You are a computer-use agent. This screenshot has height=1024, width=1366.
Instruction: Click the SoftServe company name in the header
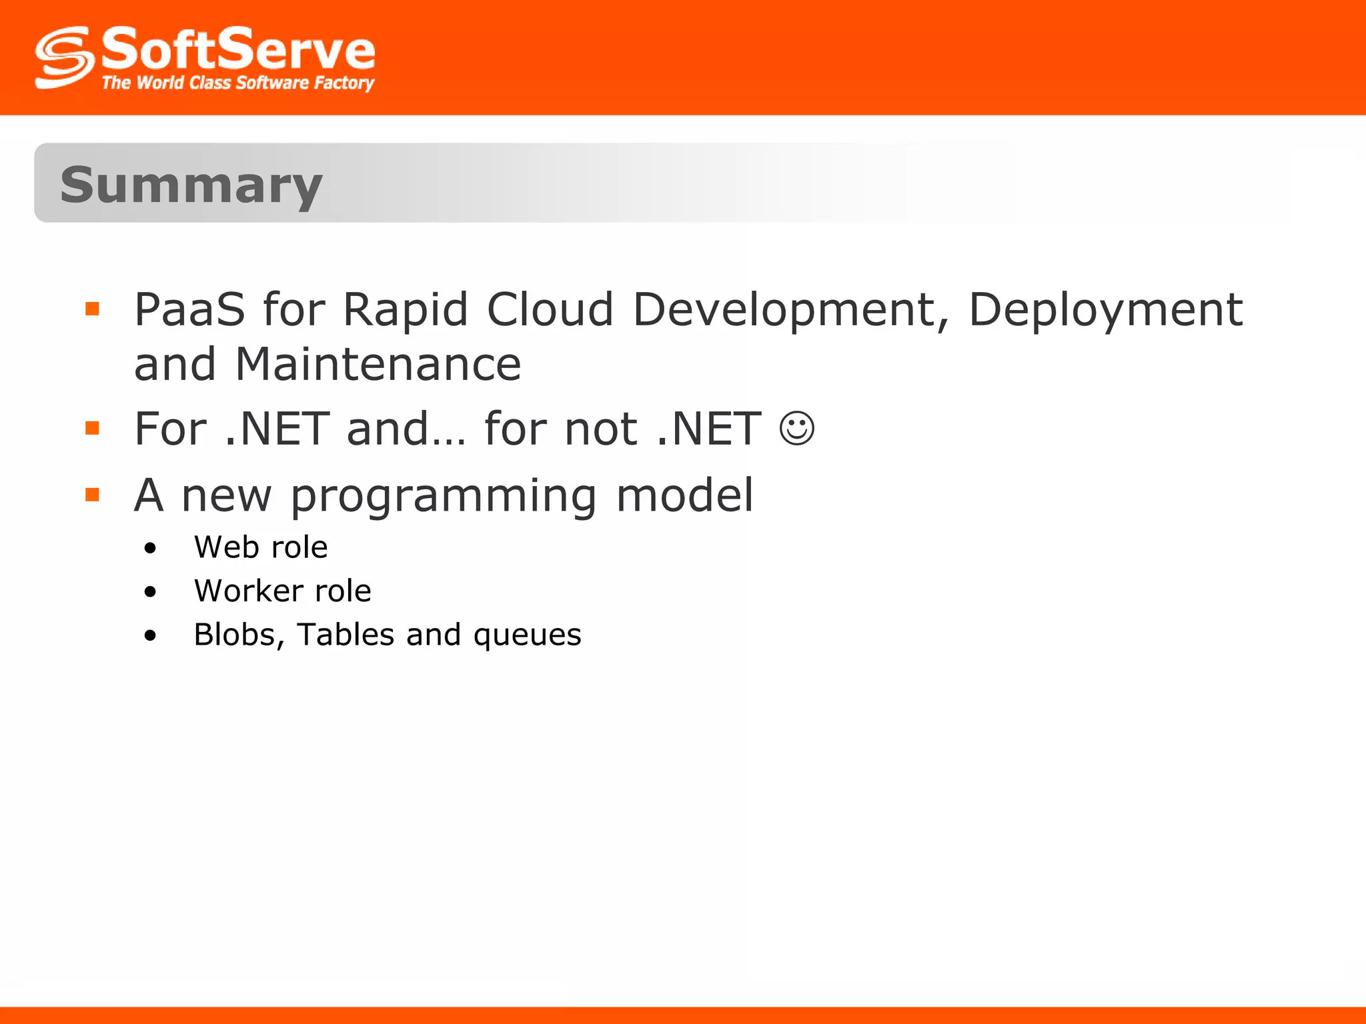[x=238, y=49]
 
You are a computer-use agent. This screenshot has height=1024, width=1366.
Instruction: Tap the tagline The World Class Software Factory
[x=237, y=83]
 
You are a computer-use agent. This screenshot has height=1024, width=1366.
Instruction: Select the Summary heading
[x=191, y=185]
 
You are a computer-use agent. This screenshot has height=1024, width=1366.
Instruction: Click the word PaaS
[x=189, y=310]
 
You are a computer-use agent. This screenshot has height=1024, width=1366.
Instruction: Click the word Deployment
[x=1105, y=310]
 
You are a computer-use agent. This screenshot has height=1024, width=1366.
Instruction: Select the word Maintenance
[x=378, y=365]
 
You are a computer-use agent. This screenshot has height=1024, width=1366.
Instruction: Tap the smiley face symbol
[x=796, y=428]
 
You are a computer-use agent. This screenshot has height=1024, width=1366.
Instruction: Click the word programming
[x=444, y=497]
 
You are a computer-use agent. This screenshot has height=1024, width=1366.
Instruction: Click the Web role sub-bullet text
[x=261, y=547]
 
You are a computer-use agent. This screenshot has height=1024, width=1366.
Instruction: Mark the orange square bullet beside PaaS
[x=93, y=309]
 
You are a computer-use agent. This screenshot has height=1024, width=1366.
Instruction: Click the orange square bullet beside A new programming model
[x=93, y=495]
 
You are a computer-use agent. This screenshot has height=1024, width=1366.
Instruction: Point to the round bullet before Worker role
[x=150, y=592]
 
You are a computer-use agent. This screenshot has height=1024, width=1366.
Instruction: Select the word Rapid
[x=406, y=310]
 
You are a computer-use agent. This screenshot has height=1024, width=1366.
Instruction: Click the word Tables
[x=346, y=634]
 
